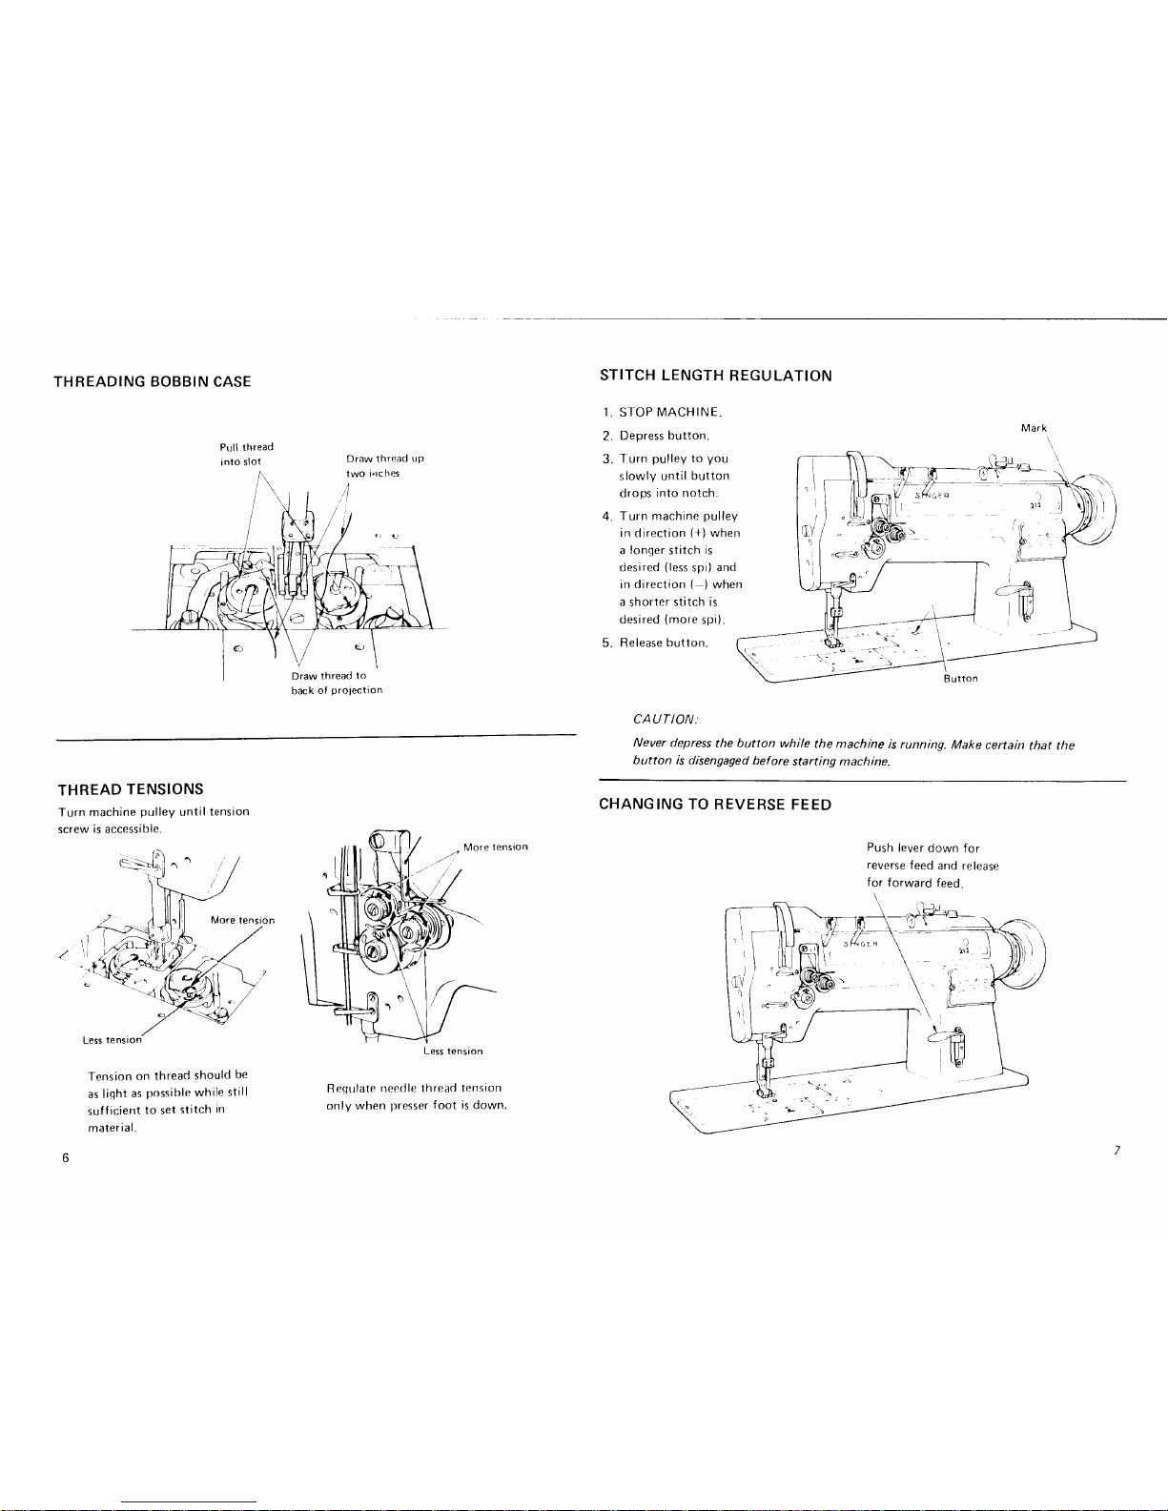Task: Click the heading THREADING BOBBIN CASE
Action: pos(153,381)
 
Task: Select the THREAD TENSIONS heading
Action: pos(131,789)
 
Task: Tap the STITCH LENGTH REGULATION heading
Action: pos(715,376)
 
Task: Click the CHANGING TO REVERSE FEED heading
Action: pos(715,805)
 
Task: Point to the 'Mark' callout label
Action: pos(1034,428)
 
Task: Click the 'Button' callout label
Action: pos(960,679)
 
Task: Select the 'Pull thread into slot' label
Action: pos(246,454)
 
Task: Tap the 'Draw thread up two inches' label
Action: pos(384,466)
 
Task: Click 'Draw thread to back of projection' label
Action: pos(337,683)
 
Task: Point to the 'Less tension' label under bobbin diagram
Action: pos(112,1040)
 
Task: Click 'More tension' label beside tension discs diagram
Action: pos(495,847)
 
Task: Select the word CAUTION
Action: pos(666,719)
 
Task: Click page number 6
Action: pos(66,1157)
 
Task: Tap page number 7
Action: pos(1117,1150)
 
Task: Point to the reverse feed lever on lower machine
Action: pos(948,1038)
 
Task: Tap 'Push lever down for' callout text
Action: pos(923,848)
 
